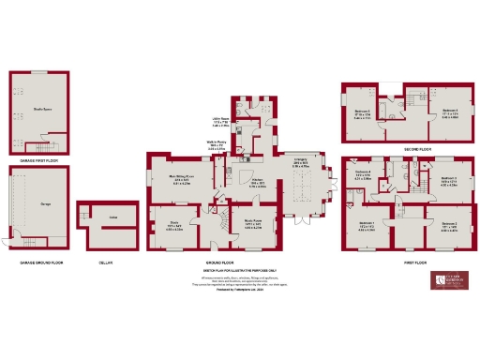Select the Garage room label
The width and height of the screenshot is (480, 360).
pos(46,202)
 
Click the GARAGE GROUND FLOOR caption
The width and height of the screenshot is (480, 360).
pos(38,262)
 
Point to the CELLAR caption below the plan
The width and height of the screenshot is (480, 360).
pos(105,262)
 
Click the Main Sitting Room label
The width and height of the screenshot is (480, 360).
pos(180,176)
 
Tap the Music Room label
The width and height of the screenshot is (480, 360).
pos(251,223)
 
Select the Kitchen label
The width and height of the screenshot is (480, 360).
pos(257,182)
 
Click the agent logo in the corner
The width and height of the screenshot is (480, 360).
pos(448,282)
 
